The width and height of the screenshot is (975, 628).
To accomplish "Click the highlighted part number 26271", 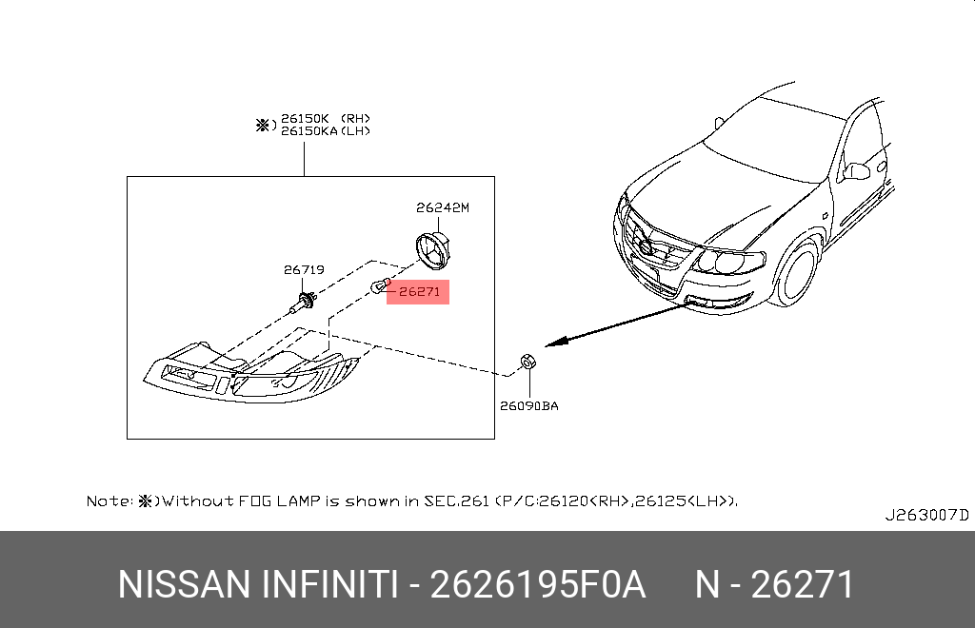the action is pyautogui.click(x=419, y=291).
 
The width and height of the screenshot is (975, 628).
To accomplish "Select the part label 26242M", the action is pyautogui.click(x=443, y=207).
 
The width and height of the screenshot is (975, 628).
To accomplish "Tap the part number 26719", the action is pyautogui.click(x=304, y=269).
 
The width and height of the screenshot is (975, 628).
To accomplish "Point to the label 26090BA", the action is pyautogui.click(x=529, y=405).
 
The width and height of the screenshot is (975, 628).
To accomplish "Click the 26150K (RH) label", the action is pyautogui.click(x=326, y=118).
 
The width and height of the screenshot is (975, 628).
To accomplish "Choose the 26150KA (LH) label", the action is pyautogui.click(x=326, y=131).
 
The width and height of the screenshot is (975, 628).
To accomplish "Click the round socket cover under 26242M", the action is pyautogui.click(x=433, y=250).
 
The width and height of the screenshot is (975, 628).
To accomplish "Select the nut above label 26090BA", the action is pyautogui.click(x=527, y=361).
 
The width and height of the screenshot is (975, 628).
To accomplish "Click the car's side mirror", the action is pyautogui.click(x=856, y=171).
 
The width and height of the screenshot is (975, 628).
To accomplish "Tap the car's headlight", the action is pyautogui.click(x=727, y=261).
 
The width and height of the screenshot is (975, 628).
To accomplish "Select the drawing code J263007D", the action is pyautogui.click(x=926, y=515).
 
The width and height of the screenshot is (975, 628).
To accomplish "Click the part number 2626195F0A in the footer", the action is pyautogui.click(x=538, y=584).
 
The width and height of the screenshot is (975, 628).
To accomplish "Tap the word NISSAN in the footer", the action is pyautogui.click(x=184, y=584).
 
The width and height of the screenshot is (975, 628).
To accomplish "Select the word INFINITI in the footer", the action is pyautogui.click(x=329, y=584).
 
